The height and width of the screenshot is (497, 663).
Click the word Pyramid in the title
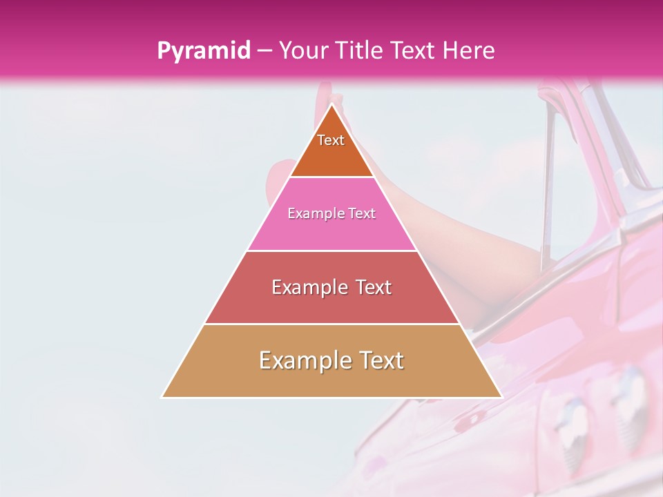[203, 51]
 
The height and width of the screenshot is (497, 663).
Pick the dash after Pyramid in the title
[263, 51]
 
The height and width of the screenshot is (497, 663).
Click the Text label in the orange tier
[331, 140]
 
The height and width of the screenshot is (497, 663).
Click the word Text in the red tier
[374, 287]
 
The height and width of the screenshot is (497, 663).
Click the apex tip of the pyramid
[332, 105]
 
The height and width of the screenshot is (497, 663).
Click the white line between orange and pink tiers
[331, 177]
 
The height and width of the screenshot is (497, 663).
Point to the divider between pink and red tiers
[331, 251]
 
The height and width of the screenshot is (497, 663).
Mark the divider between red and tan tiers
[331, 324]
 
